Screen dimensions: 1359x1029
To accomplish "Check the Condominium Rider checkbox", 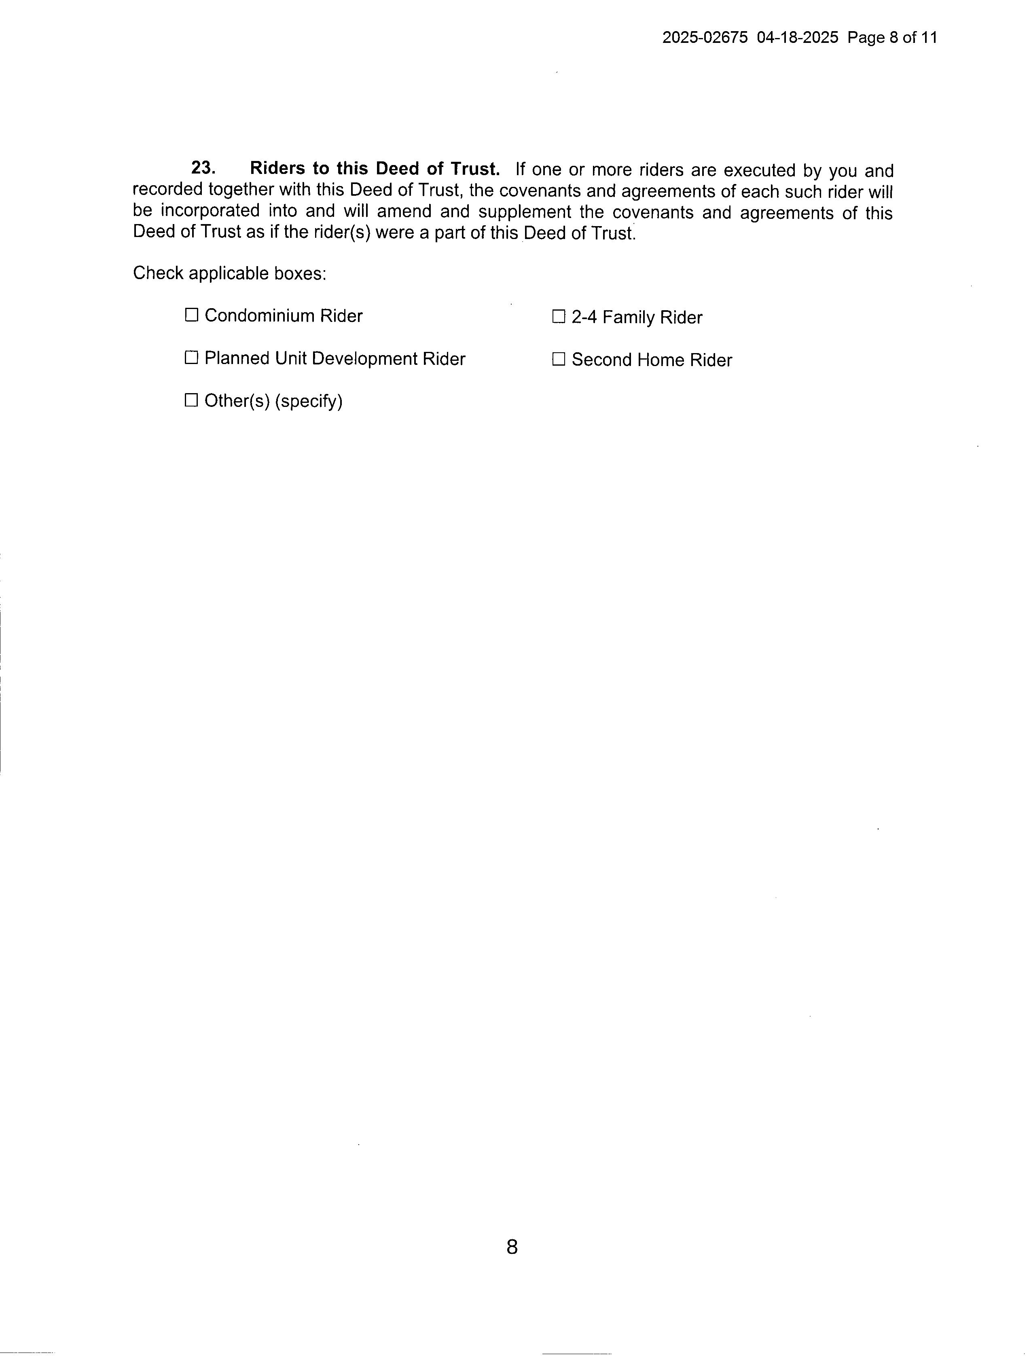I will [x=192, y=315].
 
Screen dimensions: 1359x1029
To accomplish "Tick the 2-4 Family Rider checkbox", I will [x=559, y=317].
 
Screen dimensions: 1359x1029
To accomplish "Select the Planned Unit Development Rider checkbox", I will [x=192, y=358].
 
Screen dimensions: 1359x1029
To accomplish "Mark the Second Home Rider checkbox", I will [x=559, y=360].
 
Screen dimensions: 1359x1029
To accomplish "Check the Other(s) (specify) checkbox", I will [x=192, y=400].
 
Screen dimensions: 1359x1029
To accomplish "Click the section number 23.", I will [x=203, y=168].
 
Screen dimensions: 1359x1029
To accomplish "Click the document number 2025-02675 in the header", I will [x=705, y=38].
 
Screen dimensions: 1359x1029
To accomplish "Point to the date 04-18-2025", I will [x=797, y=38].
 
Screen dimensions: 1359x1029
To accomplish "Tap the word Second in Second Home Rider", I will [x=602, y=360].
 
